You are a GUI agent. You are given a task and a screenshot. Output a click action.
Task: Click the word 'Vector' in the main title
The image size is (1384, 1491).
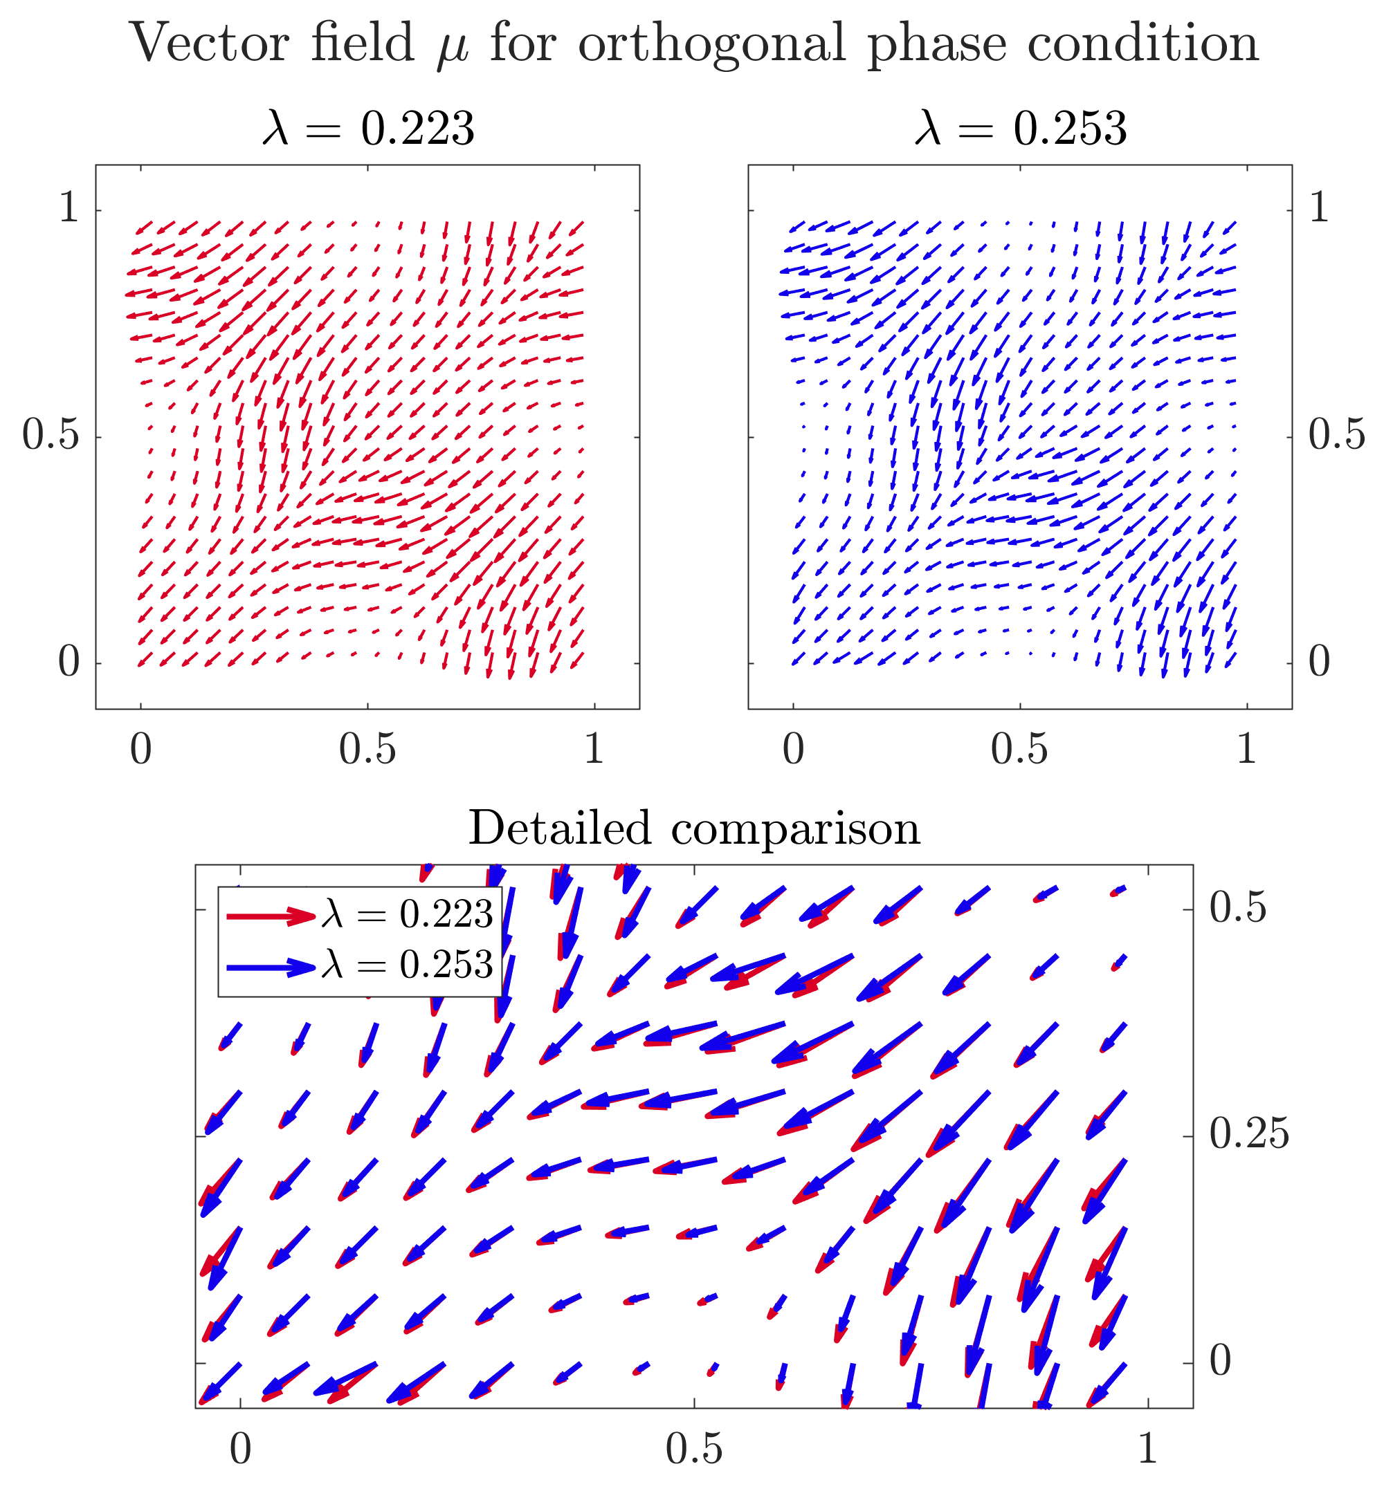click(x=209, y=43)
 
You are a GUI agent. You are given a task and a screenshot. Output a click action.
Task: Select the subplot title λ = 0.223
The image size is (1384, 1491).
click(x=368, y=128)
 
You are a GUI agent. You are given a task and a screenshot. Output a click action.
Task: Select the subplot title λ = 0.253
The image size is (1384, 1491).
click(x=1021, y=128)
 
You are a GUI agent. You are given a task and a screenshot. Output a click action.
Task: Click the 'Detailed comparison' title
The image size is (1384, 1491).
click(x=693, y=828)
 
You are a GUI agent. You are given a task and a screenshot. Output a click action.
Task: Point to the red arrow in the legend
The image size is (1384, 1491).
click(x=271, y=916)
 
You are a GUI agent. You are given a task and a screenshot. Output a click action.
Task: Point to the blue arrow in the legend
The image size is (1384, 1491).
click(x=271, y=967)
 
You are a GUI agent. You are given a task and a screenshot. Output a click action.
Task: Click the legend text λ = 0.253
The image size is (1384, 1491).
click(x=408, y=965)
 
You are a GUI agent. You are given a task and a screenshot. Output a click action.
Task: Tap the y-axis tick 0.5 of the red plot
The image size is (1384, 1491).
click(x=51, y=434)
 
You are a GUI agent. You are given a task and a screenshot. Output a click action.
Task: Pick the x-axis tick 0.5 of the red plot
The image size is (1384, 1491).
click(x=367, y=748)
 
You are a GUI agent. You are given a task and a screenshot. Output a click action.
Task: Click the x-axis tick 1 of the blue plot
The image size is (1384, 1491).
click(x=1246, y=748)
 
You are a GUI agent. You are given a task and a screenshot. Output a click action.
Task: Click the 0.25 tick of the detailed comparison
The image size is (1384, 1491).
click(x=1249, y=1134)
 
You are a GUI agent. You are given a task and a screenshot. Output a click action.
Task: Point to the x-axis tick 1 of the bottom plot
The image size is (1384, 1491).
click(x=1147, y=1449)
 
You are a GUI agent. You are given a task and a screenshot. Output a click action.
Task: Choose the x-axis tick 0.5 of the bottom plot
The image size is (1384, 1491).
click(x=693, y=1449)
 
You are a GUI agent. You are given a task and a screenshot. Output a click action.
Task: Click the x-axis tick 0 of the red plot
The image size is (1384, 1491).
click(x=140, y=748)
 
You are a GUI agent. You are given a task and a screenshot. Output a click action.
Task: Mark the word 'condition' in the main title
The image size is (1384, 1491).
click(x=1143, y=43)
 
